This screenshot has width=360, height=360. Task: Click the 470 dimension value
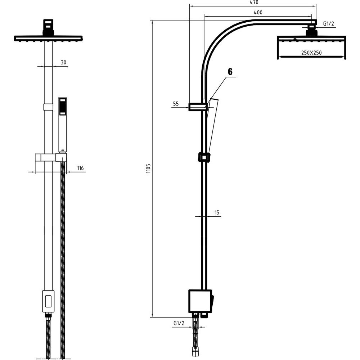(x=254, y=2)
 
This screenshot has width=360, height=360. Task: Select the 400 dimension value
(x=258, y=12)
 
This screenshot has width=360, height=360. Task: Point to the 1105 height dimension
(x=148, y=168)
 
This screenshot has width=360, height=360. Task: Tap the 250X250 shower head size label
(x=311, y=53)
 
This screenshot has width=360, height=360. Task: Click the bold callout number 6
(x=230, y=72)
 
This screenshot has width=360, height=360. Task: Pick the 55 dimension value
(x=176, y=104)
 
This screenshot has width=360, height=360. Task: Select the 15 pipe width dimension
(x=217, y=213)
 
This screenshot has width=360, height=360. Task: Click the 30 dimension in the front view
(x=63, y=62)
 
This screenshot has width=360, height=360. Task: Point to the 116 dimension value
(x=80, y=168)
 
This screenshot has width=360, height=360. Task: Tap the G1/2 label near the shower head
(x=328, y=24)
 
